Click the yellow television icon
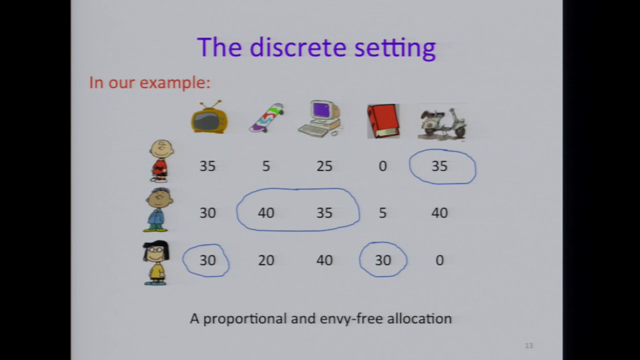pos(209,119)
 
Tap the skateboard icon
pos(266,118)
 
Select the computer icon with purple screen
pos(320,119)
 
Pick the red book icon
pos(383,121)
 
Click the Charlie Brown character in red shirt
pos(161,160)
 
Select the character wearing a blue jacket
pos(158,209)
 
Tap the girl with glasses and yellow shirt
pos(156,262)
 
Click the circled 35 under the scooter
pos(439,166)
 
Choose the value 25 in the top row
pos(324,166)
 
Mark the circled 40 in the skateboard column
pos(266,213)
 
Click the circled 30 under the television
pos(207,260)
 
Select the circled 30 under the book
pos(383,260)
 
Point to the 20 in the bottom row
pos(266,260)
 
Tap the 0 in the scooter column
pos(439,260)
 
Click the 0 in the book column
pos(382,166)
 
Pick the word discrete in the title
pos(298,47)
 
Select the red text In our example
pos(149,82)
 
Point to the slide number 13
pos(529,345)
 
